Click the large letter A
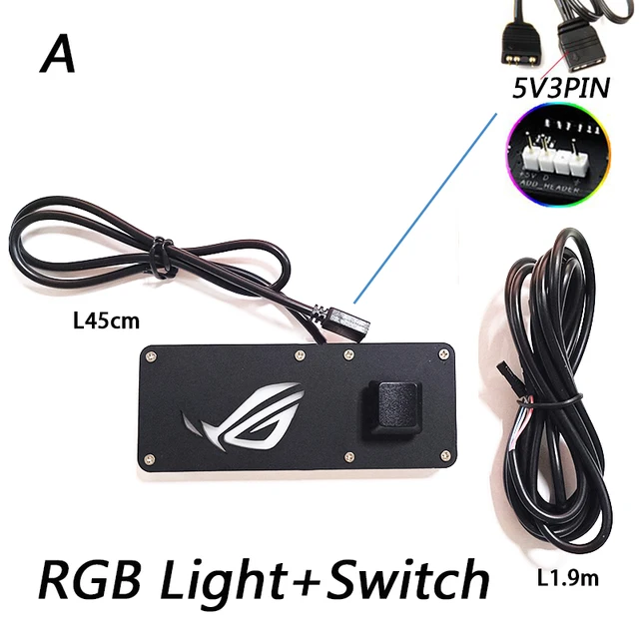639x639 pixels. [58, 56]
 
